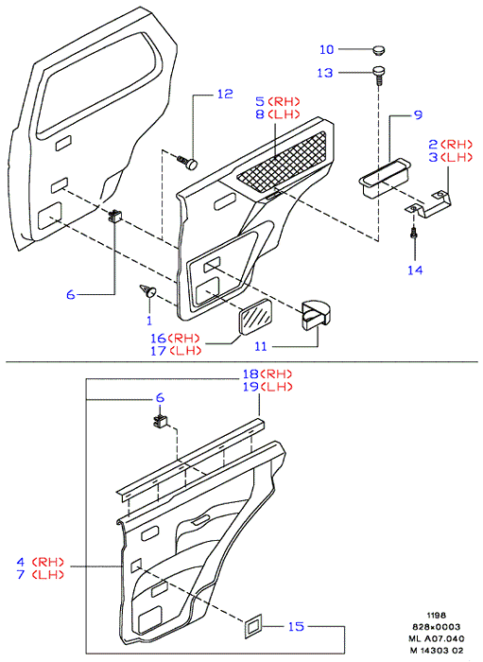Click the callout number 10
[326, 49]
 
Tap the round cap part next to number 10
[379, 50]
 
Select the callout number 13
[325, 73]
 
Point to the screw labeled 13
[379, 75]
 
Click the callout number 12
[225, 94]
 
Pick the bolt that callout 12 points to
[188, 162]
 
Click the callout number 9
[418, 114]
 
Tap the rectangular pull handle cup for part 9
[384, 178]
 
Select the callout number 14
[415, 270]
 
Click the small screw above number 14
[414, 233]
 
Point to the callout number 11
[261, 347]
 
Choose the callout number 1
[149, 321]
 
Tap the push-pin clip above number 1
[148, 291]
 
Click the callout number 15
[296, 626]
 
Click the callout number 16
[158, 339]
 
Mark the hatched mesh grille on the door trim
[282, 161]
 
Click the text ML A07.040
[436, 638]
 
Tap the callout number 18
[250, 375]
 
